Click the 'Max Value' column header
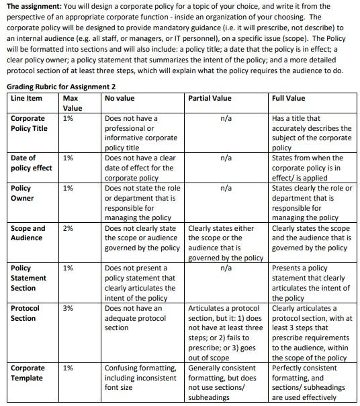(72, 103)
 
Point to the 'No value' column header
(120, 99)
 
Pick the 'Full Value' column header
(289, 99)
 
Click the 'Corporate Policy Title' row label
(29, 123)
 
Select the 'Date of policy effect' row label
(31, 163)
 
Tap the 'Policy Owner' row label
(23, 193)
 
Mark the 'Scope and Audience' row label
(28, 233)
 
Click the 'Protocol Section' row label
(26, 313)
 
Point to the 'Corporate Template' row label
(28, 372)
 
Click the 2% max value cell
(68, 228)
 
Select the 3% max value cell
(68, 308)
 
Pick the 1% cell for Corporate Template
(68, 368)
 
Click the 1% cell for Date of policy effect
(68, 158)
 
